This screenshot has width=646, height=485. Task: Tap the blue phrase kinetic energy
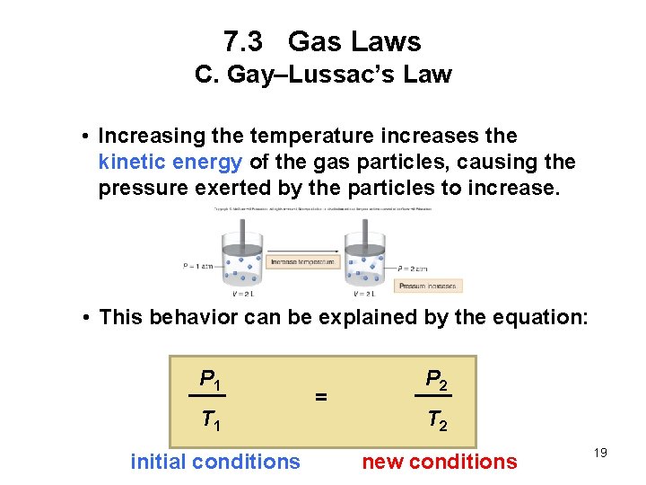coord(170,163)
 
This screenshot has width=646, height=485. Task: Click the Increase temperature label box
coord(302,262)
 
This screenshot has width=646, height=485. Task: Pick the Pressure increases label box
coord(427,286)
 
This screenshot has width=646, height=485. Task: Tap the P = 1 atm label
coord(196,265)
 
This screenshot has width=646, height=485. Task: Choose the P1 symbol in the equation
coord(211,381)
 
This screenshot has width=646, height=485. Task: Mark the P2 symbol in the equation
coord(436,381)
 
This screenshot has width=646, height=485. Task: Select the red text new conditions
coord(439,462)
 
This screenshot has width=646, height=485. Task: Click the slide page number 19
coord(600,453)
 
